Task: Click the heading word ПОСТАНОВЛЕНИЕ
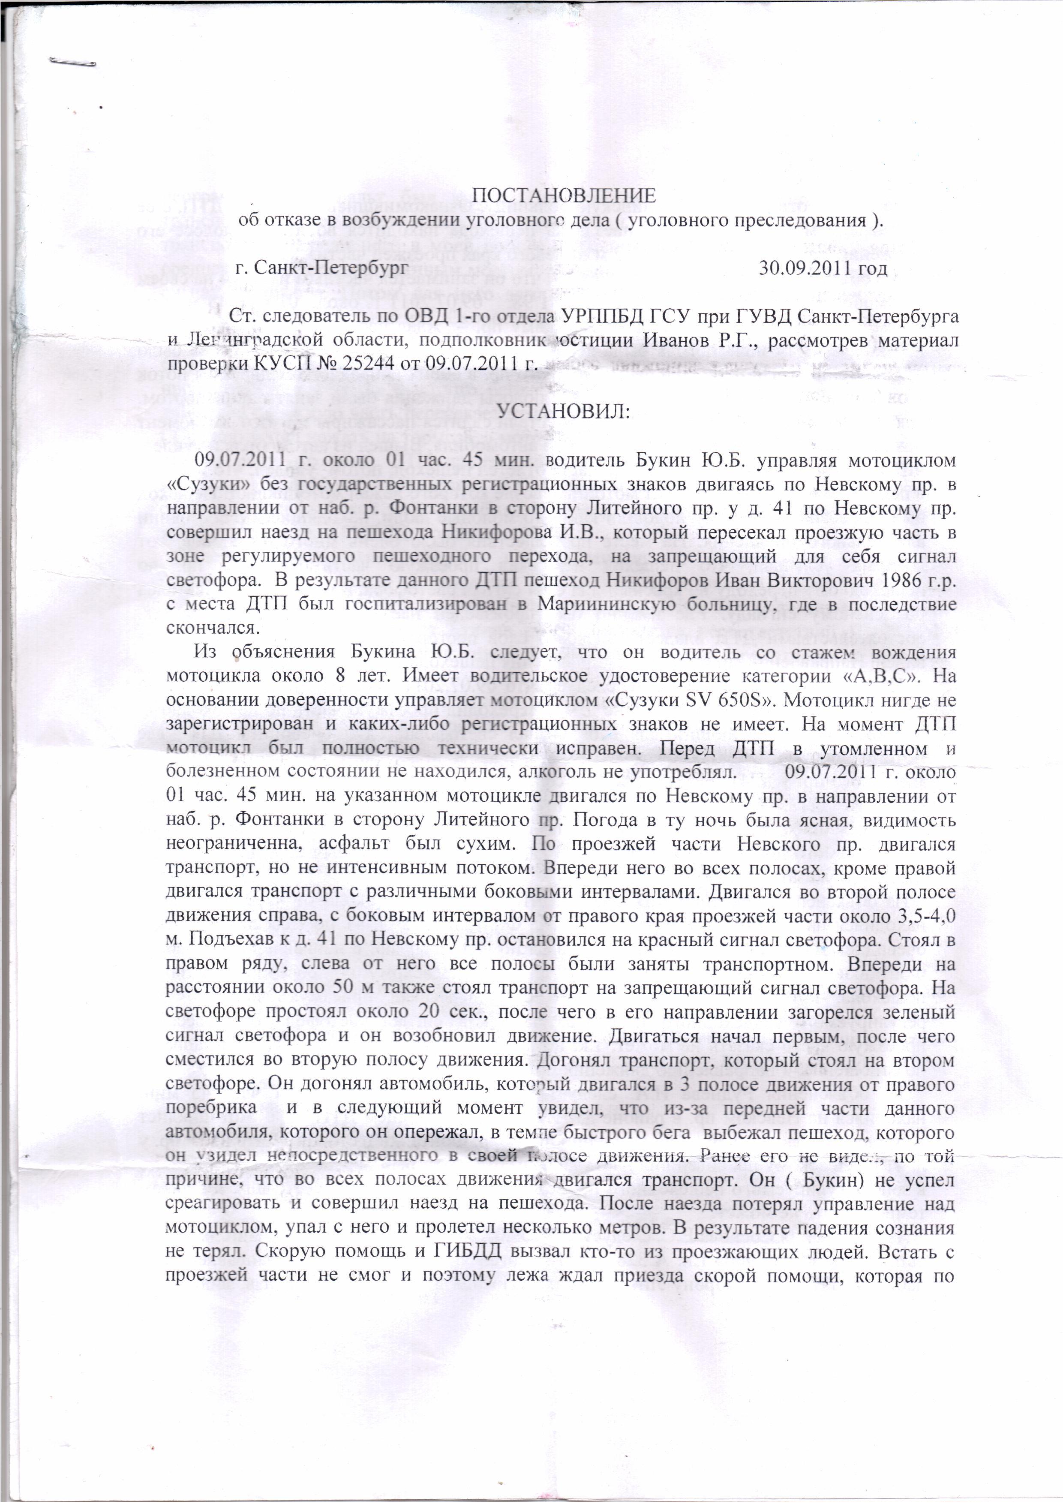point(564,196)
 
